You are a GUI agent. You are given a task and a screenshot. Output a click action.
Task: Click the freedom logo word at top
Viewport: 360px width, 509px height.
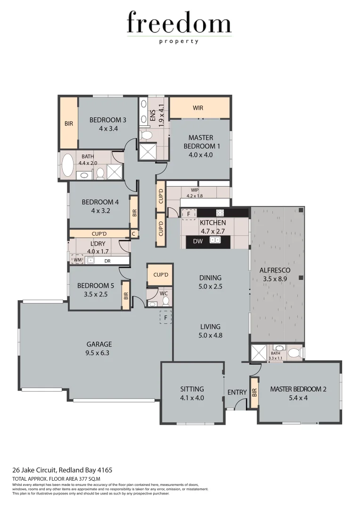point(179,24)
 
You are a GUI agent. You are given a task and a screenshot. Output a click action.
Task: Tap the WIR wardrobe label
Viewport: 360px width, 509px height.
point(198,108)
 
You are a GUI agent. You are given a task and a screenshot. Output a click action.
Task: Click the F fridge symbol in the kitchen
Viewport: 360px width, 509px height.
point(188,213)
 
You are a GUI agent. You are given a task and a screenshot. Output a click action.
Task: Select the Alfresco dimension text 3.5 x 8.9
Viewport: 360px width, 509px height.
point(275,279)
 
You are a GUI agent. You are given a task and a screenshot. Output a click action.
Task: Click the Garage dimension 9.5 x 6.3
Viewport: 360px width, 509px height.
point(99,353)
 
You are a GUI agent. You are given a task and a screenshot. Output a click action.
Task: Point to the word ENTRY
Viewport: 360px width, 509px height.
point(237,392)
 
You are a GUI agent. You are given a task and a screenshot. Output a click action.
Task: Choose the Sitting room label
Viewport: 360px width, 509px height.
point(192,389)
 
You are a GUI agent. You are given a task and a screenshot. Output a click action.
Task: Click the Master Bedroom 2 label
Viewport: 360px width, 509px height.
point(298,389)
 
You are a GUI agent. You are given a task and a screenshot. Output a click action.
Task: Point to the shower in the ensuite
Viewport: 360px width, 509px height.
point(147,152)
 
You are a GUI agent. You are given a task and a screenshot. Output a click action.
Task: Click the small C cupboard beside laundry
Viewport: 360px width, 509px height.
point(134,233)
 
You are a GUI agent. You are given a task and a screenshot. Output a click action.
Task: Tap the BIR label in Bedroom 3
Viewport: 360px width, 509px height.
point(68,123)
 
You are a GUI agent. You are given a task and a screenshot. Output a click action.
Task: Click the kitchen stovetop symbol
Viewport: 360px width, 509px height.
point(220,213)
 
